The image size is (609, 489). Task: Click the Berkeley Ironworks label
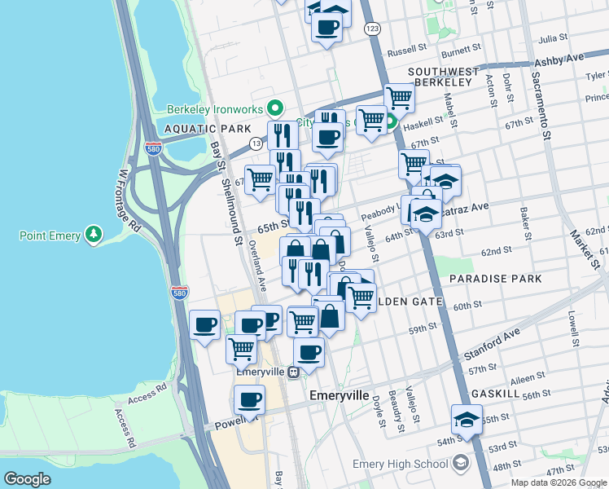click(215, 109)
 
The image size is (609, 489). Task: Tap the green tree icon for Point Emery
click(96, 236)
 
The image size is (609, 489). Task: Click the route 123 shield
click(372, 29)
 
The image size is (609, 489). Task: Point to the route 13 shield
click(256, 143)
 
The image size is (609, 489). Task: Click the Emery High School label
click(400, 464)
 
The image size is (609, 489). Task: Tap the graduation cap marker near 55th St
click(467, 420)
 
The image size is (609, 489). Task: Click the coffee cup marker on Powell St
click(249, 400)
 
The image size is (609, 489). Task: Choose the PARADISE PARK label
click(495, 279)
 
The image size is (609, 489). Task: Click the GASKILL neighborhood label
click(496, 393)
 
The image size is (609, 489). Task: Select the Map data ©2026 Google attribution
click(559, 482)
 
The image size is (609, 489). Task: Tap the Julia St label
click(553, 37)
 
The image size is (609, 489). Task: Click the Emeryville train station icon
click(292, 371)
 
